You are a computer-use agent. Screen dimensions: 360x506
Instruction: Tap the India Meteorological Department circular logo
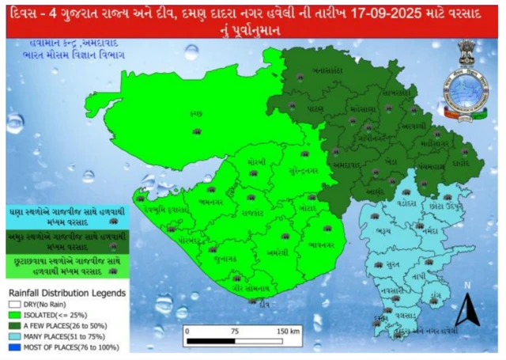pyautogui.click(x=465, y=88)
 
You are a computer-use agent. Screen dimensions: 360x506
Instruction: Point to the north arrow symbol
pyautogui.click(x=466, y=309)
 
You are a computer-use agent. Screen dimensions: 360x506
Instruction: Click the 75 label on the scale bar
pyautogui.click(x=235, y=332)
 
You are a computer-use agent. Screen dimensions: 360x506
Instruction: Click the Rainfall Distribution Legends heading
pyautogui.click(x=66, y=294)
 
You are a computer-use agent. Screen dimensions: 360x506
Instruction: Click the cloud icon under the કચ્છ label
pyautogui.click(x=197, y=127)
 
